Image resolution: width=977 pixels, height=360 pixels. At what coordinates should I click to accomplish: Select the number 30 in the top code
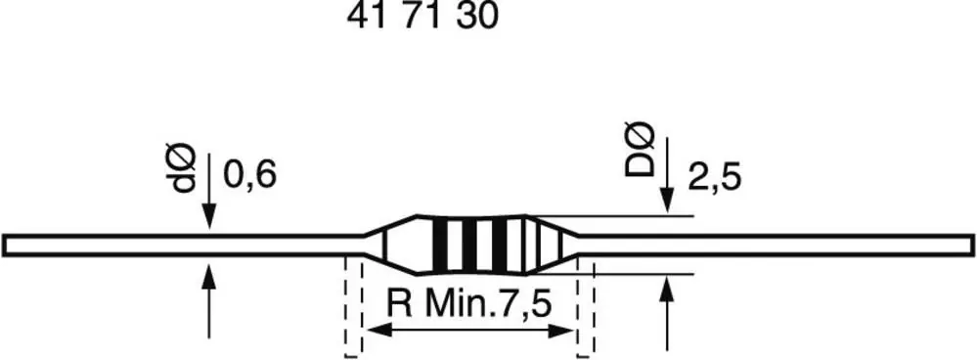coord(478,17)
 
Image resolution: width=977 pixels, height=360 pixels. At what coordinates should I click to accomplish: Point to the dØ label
coord(185,168)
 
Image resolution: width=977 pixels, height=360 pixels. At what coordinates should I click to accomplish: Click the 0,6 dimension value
coord(249,176)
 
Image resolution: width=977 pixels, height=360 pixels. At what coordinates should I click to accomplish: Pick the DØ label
coord(641,150)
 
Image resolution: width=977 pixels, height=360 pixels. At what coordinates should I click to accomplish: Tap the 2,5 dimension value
coord(715,179)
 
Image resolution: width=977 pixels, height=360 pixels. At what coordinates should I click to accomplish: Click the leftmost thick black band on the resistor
coord(440,245)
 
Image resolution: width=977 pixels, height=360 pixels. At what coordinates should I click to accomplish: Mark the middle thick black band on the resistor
coord(469,245)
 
